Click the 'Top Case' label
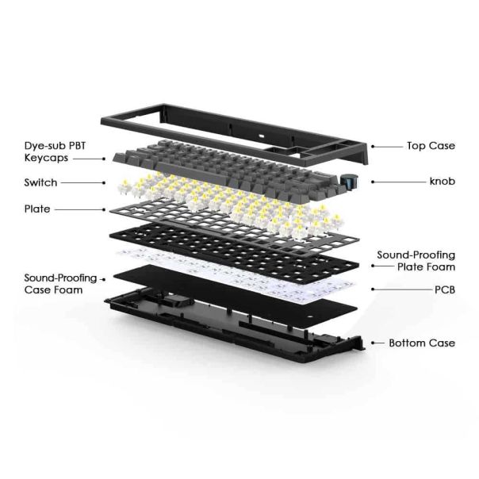431,146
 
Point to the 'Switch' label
40,182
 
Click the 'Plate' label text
36,209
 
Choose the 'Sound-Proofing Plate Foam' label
416,261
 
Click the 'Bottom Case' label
422,343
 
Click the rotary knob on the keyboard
349,182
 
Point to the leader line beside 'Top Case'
387,146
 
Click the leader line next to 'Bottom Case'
374,343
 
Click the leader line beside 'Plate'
79,209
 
